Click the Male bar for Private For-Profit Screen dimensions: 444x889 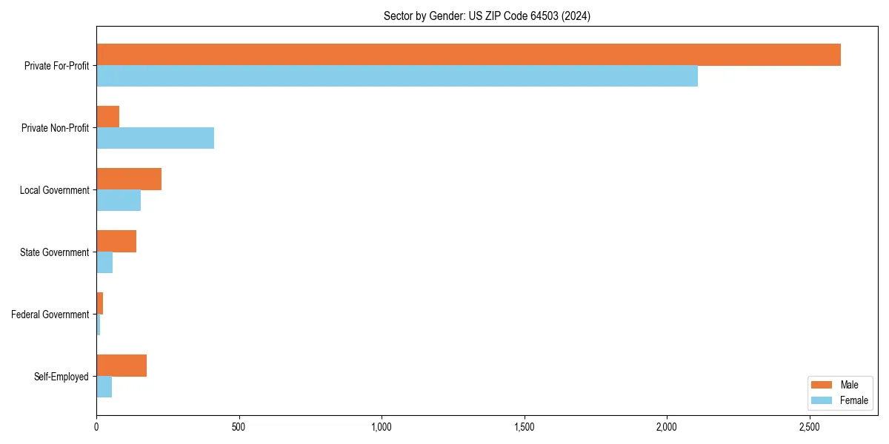pos(468,55)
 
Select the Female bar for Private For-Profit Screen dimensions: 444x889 pos(397,76)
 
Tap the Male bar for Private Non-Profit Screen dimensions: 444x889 pos(108,117)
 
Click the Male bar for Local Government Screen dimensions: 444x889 pos(129,179)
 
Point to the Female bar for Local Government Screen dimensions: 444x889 pos(119,201)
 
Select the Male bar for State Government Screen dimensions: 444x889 pos(116,241)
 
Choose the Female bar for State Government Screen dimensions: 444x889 pos(104,263)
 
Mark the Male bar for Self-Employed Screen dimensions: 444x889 pos(121,366)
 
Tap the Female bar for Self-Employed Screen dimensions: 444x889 pos(104,387)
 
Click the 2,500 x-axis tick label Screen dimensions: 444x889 pos(810,427)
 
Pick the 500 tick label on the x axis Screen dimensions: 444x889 pos(239,427)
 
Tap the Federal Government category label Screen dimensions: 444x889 pos(50,314)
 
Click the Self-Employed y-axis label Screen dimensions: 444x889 pos(61,377)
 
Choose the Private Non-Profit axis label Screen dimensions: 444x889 pos(55,128)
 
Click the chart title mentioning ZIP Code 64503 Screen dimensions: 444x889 pos(487,16)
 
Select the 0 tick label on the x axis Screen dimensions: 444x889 pos(96,427)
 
